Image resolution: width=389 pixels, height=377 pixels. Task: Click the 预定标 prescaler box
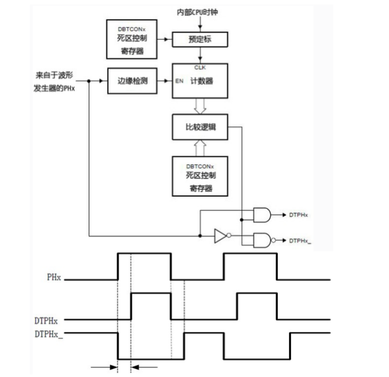200,39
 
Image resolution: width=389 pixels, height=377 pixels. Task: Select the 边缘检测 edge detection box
132,81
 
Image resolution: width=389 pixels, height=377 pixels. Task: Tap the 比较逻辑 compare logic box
200,127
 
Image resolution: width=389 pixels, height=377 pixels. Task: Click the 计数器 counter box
200,81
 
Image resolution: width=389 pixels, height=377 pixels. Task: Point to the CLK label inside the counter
200,68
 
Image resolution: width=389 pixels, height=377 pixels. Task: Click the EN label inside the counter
179,81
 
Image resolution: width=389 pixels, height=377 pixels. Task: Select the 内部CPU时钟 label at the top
197,12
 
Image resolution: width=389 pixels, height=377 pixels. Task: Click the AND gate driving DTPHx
262,215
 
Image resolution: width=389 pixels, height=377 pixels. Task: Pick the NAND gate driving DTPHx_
264,241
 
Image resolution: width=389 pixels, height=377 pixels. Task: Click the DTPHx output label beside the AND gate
298,215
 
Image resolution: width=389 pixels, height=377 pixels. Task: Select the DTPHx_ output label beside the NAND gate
300,241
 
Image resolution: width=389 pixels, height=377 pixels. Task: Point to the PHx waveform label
54,277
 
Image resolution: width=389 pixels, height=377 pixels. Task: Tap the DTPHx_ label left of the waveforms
49,335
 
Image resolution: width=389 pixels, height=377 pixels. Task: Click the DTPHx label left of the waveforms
46,321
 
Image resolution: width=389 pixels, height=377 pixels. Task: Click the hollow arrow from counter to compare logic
200,106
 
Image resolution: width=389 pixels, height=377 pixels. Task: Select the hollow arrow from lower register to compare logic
200,148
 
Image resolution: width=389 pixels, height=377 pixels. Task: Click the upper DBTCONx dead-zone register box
132,39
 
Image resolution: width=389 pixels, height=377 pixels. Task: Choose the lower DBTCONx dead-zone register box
200,176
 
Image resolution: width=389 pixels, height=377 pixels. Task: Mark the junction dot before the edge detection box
89,81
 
